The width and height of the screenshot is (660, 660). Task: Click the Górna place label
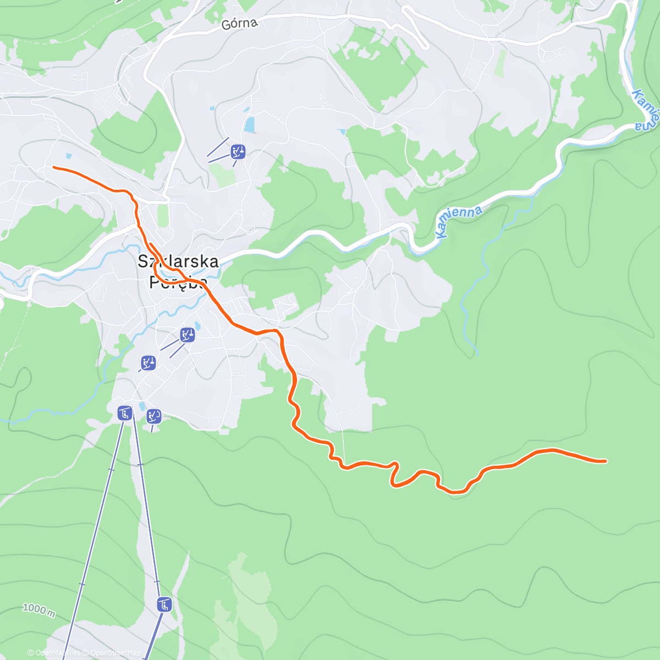coord(239,24)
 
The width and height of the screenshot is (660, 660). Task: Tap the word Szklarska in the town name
coord(178,261)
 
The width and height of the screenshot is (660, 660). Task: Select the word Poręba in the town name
coord(178,282)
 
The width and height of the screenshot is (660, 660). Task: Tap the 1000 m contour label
coord(38,609)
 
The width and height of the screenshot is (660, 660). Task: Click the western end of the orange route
coord(53,167)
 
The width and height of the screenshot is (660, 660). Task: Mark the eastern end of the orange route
coord(606,461)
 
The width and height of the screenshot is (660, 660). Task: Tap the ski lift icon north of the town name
coord(238,151)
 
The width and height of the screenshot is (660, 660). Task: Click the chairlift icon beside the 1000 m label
coord(164,605)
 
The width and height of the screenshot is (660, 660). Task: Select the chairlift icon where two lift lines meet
coord(125,413)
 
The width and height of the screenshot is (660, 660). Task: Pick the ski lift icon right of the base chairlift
coord(154,416)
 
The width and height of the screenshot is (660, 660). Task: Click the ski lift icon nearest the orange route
coord(188,334)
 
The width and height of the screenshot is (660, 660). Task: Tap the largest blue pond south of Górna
coord(250,125)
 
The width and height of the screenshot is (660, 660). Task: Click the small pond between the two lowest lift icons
coord(141,406)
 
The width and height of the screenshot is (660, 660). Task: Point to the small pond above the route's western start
coord(68,156)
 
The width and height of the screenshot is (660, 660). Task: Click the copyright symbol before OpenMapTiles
coord(31,653)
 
